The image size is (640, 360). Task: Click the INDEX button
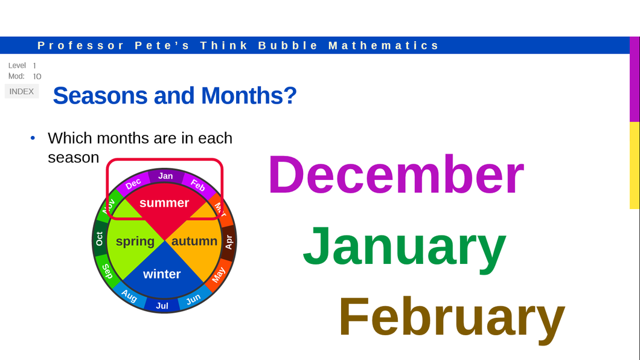(x=22, y=91)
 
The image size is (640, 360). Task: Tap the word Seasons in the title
(x=100, y=95)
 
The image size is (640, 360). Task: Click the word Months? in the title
(x=249, y=95)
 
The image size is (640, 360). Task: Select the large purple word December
(x=396, y=175)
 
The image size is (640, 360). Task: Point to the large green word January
(x=405, y=246)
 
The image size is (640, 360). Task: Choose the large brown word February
(x=452, y=317)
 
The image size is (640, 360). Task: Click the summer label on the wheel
(x=164, y=203)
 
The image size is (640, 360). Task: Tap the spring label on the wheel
(x=135, y=241)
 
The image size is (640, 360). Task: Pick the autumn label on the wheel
(x=194, y=241)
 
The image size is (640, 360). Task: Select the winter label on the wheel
(x=162, y=274)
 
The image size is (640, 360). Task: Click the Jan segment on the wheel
(x=165, y=176)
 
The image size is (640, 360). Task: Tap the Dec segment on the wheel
(x=133, y=183)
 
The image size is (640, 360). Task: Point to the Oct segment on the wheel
(x=99, y=239)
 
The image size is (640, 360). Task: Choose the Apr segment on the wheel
(x=229, y=242)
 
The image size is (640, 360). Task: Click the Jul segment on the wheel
(x=162, y=306)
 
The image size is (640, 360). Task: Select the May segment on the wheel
(x=219, y=274)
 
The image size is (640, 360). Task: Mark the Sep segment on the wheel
(x=107, y=271)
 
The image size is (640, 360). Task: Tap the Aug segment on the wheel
(x=129, y=295)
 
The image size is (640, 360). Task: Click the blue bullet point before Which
(x=33, y=138)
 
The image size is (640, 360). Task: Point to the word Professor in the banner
(x=81, y=45)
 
